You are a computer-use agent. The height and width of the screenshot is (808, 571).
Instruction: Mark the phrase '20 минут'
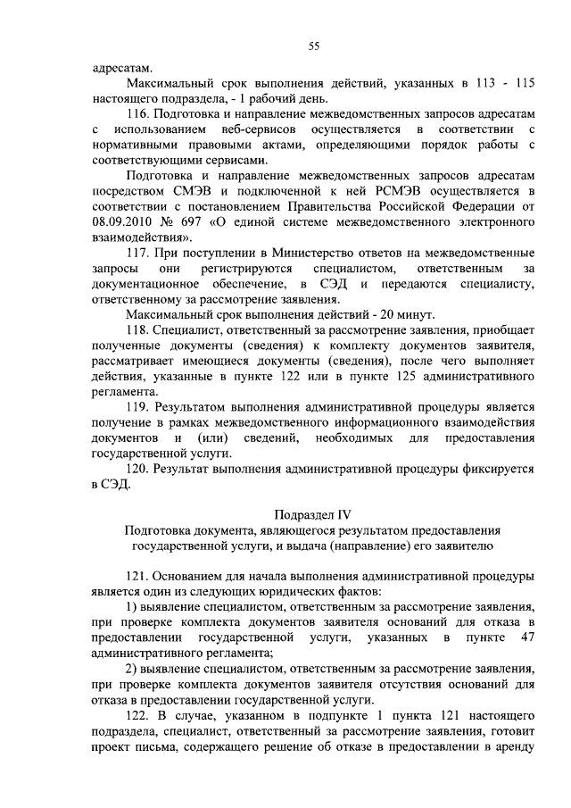pyautogui.click(x=408, y=315)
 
